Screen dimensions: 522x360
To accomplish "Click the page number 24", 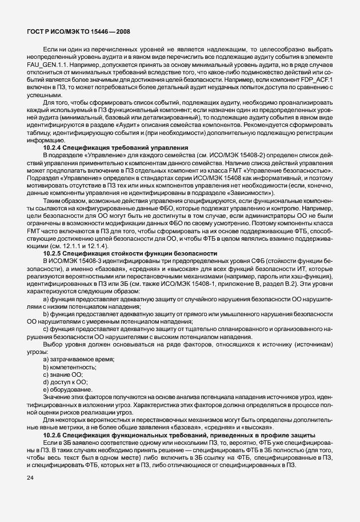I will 30,493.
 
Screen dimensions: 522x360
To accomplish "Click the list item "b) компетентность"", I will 72,366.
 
